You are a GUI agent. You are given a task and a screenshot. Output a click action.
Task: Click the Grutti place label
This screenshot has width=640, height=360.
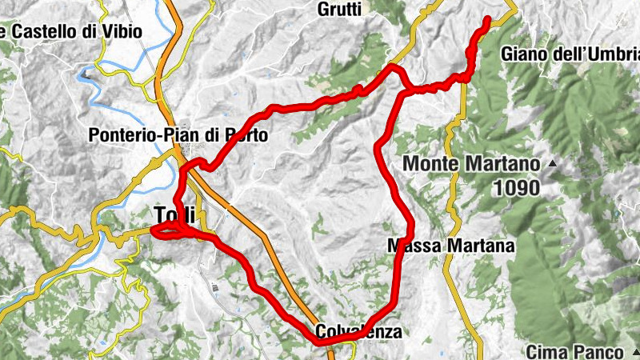[339, 10]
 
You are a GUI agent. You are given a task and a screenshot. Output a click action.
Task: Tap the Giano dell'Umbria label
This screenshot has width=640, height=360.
[570, 54]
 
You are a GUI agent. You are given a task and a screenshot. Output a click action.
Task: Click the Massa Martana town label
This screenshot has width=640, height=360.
[450, 246]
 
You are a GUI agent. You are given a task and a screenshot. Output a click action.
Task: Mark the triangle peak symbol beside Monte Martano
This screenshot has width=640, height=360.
[551, 164]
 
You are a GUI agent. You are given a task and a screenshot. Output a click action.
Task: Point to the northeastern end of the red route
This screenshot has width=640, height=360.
[486, 20]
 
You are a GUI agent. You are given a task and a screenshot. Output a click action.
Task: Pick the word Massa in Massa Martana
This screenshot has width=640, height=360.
[410, 246]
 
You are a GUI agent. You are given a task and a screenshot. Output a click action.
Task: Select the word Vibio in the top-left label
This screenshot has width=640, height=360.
[124, 32]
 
